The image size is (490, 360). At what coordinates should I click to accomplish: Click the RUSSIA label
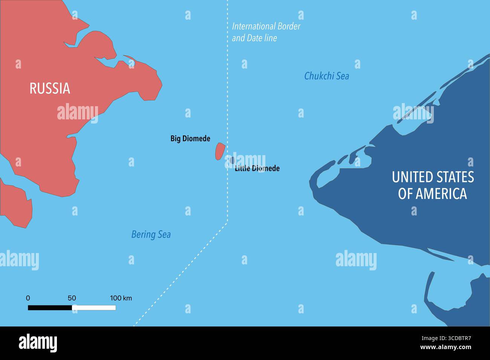[50, 88]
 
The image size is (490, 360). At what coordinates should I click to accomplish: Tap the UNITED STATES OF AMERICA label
[433, 185]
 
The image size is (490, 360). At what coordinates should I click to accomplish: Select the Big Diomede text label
[190, 139]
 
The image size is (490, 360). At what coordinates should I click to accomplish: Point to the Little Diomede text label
[257, 168]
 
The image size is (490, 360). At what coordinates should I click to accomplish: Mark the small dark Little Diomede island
[232, 160]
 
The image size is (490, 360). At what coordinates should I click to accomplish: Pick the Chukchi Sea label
[326, 76]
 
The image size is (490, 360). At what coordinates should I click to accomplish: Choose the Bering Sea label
[151, 235]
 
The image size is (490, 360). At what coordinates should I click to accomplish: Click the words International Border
[266, 26]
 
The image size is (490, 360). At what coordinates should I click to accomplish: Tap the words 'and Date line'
[254, 38]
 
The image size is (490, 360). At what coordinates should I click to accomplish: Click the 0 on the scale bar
[28, 298]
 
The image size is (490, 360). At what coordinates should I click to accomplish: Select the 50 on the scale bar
[72, 298]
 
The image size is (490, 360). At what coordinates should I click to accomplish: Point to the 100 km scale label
[121, 298]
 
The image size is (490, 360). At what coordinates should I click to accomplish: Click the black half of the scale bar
[50, 308]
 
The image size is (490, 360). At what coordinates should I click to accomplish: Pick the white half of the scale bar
[94, 308]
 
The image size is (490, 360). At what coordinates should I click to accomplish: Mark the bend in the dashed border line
[227, 222]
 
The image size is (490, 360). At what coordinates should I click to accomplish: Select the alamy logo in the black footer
[38, 343]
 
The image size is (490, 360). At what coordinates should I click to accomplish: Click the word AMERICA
[441, 194]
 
